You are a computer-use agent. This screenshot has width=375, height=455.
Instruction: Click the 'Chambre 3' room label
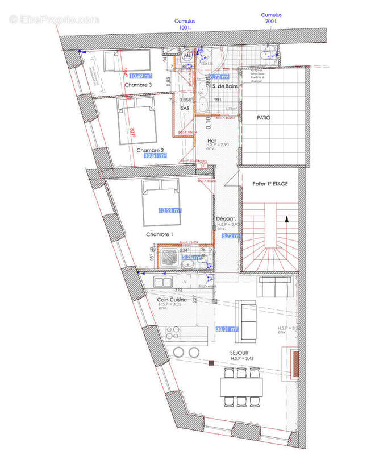coord(138,85)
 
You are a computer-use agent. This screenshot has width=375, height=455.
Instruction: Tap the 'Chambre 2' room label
coord(150,150)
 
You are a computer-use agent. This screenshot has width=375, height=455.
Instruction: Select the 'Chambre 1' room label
coord(159,234)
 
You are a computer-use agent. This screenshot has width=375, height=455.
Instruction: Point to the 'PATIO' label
coord(263,118)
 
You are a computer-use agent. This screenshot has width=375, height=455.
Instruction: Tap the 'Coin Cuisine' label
coord(172,300)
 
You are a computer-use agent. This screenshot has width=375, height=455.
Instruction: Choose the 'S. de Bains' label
coord(224,86)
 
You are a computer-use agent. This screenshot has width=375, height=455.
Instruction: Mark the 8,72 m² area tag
coord(228,235)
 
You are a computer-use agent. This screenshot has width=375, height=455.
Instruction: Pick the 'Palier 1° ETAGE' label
coord(270,184)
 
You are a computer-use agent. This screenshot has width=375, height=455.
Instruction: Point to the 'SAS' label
coord(185,107)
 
